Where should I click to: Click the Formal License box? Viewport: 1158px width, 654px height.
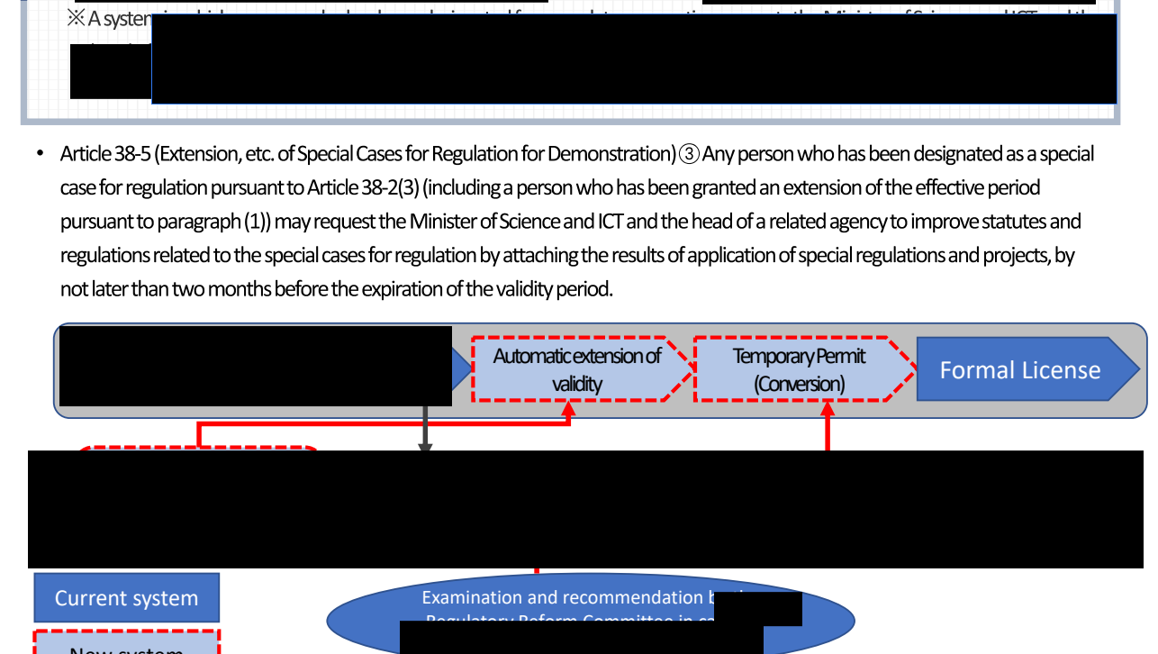click(1020, 369)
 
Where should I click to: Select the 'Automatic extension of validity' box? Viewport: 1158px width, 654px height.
click(576, 369)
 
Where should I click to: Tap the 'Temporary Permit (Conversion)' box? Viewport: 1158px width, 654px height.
click(800, 369)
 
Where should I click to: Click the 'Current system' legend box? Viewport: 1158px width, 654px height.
click(126, 598)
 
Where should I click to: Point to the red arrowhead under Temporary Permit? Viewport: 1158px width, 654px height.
click(828, 409)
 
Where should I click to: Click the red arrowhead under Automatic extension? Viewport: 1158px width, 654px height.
click(569, 409)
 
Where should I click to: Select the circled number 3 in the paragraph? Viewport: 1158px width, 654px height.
click(689, 154)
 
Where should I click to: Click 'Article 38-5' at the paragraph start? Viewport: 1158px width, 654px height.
click(104, 154)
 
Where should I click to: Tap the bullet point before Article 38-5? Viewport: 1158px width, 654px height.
click(40, 154)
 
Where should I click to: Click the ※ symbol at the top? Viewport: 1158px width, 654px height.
click(77, 19)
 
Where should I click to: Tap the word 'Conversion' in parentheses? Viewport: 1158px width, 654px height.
click(800, 385)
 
